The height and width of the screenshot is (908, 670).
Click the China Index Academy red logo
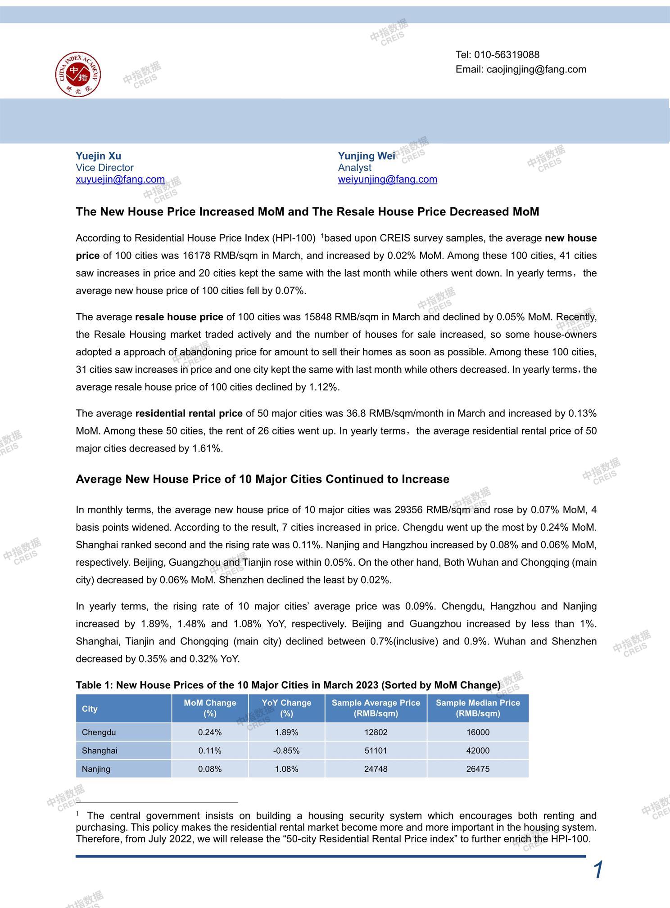pyautogui.click(x=78, y=74)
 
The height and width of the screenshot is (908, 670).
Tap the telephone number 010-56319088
pyautogui.click(x=507, y=55)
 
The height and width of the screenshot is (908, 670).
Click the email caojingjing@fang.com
pyautogui.click(x=536, y=69)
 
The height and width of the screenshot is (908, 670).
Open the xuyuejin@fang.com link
pyautogui.click(x=120, y=179)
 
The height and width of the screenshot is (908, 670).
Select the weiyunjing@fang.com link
pyautogui.click(x=387, y=179)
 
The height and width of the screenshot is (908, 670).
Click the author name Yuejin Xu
pyautogui.click(x=98, y=156)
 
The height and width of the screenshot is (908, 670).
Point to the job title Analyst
pyautogui.click(x=354, y=168)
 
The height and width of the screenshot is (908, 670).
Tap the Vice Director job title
pyautogui.click(x=104, y=168)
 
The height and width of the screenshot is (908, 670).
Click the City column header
pyautogui.click(x=90, y=709)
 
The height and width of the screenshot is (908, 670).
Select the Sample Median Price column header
pyautogui.click(x=478, y=708)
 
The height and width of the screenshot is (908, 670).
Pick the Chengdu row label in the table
pyautogui.click(x=99, y=732)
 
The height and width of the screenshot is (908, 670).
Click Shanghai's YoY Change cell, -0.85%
pyautogui.click(x=286, y=751)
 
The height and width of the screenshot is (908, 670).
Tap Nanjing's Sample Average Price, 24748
pyautogui.click(x=376, y=769)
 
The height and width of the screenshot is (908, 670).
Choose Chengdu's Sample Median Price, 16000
pyautogui.click(x=478, y=732)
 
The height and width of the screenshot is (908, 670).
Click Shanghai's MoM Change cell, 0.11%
pyautogui.click(x=210, y=751)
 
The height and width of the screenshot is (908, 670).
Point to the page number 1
pyautogui.click(x=598, y=870)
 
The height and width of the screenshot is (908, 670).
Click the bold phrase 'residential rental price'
pyautogui.click(x=189, y=413)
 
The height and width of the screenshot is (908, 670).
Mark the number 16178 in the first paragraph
pyautogui.click(x=196, y=256)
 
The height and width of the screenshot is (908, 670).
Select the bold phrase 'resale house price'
pyautogui.click(x=179, y=317)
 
